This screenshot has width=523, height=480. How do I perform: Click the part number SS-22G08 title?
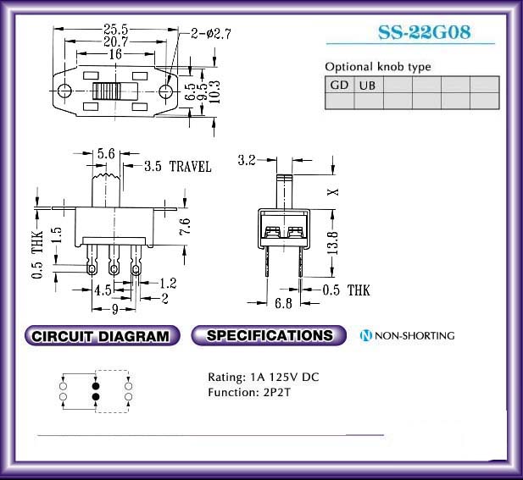coord(425,32)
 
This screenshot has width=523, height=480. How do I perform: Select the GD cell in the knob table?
coord(340,85)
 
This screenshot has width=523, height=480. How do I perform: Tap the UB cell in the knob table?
coord(368,86)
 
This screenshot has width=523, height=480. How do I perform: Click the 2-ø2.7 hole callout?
coord(211,34)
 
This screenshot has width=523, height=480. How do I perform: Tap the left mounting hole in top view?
coord(64,91)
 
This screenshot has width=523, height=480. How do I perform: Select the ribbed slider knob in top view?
coord(107,91)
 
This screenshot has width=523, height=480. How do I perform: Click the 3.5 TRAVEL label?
coord(178,166)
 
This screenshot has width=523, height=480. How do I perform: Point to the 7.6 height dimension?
coord(185,227)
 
